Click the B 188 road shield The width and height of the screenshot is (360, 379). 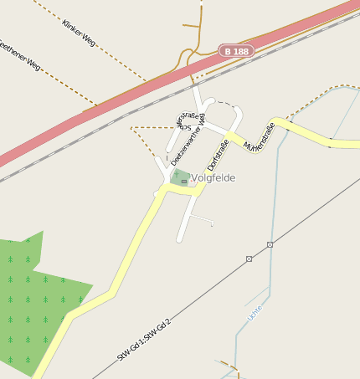[x=235, y=52]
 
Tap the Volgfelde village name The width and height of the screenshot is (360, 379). [x=213, y=177]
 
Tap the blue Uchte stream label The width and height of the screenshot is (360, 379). [x=255, y=313]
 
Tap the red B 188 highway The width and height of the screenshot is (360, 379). [x=126, y=101]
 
